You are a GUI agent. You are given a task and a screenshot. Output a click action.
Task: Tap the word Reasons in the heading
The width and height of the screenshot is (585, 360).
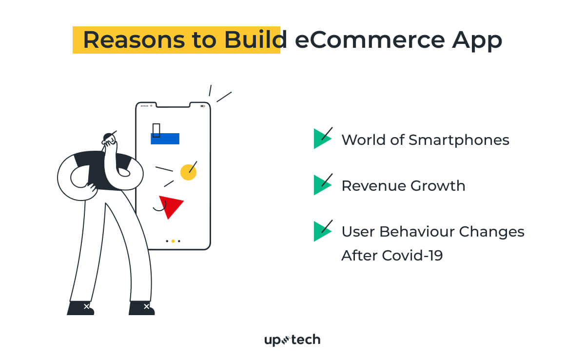[x=132, y=40]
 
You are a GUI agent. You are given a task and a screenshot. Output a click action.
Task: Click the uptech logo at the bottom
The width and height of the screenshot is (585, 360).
[x=292, y=340]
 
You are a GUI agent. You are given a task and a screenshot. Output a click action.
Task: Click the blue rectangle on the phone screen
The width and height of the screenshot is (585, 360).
[x=165, y=139]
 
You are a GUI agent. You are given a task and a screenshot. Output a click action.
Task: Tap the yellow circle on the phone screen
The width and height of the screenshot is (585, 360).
[x=188, y=172]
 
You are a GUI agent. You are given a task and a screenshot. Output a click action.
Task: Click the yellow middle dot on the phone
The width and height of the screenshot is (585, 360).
[x=173, y=241]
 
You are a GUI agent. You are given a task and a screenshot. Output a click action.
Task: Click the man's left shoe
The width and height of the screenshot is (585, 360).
[x=80, y=308]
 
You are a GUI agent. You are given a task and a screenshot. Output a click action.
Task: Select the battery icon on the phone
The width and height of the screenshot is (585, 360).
[x=203, y=105]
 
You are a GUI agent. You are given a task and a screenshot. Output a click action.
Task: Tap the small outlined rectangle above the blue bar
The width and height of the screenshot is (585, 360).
[x=156, y=129]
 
